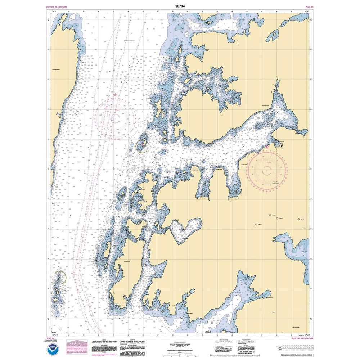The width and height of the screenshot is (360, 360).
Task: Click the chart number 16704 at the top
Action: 180,6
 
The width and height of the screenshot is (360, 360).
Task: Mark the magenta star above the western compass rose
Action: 115,95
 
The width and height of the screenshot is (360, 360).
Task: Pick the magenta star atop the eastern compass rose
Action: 266,147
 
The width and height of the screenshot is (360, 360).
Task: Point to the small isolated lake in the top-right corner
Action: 273,35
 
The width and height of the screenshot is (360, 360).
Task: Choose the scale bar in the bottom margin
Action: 180,354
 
